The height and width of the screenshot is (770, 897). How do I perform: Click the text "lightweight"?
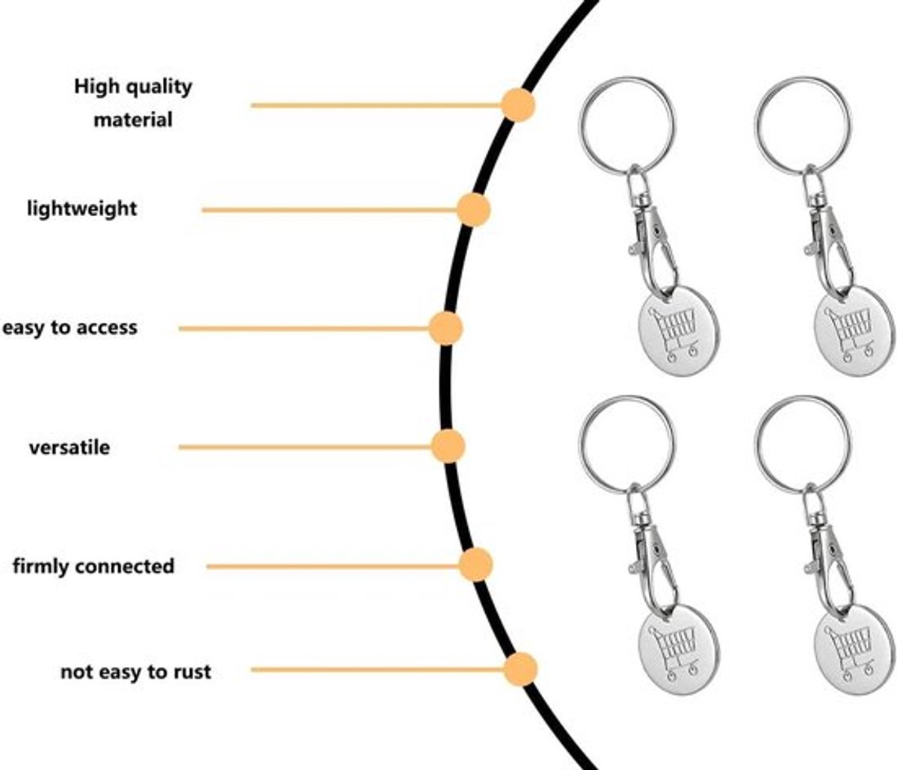pos(82,209)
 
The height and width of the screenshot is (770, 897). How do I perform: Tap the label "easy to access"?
pos(70,327)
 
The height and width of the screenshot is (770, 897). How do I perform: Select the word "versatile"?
pos(70,448)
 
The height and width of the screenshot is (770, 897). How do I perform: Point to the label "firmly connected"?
pos(93,567)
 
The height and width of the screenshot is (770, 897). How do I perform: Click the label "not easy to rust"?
pos(136,672)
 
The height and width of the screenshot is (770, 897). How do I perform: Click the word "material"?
pos(133,120)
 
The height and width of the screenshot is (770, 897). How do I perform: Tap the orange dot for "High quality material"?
pos(518,105)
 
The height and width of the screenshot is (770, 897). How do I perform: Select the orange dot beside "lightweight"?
pos(473,210)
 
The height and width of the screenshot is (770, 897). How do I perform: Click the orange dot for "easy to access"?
pos(446,329)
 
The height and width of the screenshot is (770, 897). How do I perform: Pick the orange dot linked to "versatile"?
pos(448,446)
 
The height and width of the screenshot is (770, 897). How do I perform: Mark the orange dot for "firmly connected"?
pos(475,564)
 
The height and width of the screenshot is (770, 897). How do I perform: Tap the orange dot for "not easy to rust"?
pos(520,669)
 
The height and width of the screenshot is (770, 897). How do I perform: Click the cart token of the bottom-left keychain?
pos(678,649)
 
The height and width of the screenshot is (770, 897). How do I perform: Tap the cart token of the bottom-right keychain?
pos(854,649)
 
